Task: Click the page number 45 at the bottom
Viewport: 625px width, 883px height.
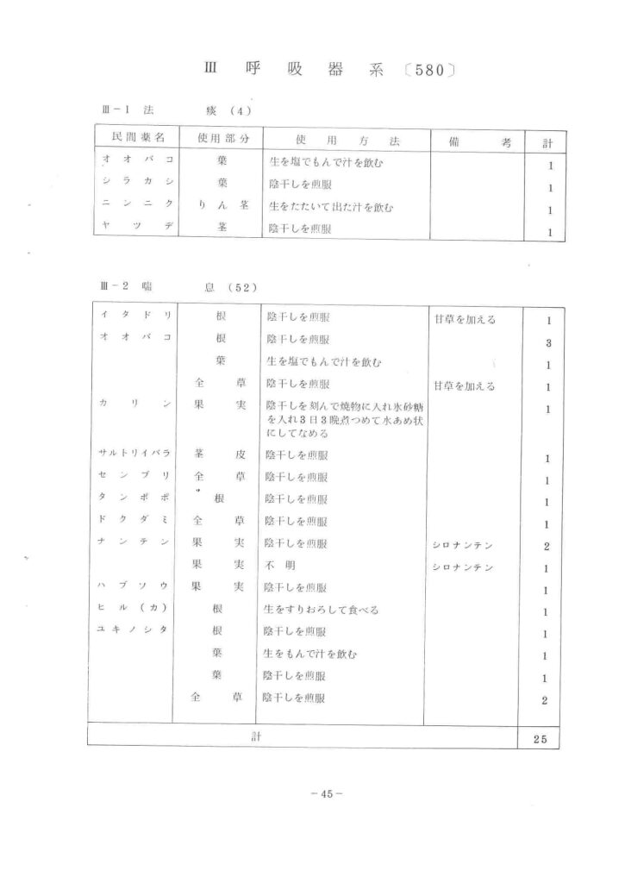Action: tap(326, 794)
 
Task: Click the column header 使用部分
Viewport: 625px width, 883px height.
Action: tap(222, 139)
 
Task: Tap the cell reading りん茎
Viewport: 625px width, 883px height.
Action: tap(222, 207)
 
